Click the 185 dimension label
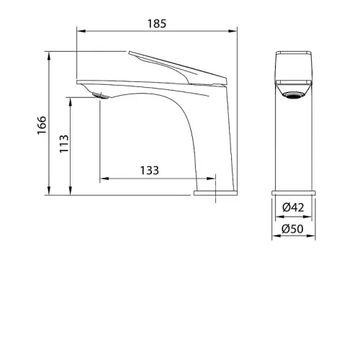157,24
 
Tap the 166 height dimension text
42,125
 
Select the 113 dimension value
64,144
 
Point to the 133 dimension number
150,171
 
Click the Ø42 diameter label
293,207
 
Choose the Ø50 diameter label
292,229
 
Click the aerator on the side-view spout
100,96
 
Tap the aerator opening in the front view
293,96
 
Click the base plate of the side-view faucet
215,193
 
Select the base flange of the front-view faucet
294,193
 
